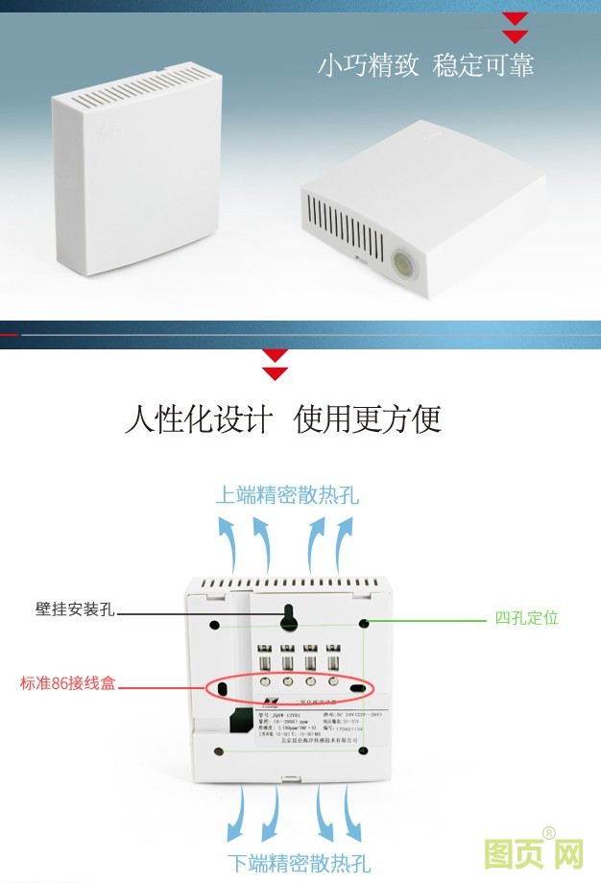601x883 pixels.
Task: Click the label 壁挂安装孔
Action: point(75,609)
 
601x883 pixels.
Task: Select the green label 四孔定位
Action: point(526,618)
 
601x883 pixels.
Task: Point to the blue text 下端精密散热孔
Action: point(299,862)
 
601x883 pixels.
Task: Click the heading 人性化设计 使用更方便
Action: point(283,419)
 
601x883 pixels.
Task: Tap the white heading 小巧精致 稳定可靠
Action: point(425,65)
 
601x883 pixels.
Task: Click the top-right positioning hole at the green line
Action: point(365,624)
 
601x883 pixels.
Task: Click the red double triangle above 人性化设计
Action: point(276,363)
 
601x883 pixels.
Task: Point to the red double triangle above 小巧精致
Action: point(516,28)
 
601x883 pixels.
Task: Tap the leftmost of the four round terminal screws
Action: point(261,682)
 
